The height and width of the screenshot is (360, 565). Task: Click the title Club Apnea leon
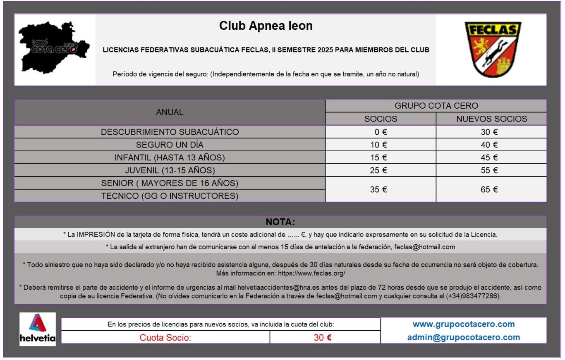(x=266, y=26)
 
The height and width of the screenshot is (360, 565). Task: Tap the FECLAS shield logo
(x=492, y=49)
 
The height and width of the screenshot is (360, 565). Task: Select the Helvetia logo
(x=38, y=329)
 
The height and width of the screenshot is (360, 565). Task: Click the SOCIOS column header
(x=381, y=119)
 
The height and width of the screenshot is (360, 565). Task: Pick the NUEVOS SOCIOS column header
(x=491, y=119)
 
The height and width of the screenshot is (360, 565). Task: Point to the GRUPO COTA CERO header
(x=436, y=106)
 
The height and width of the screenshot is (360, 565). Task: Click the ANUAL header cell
(x=170, y=112)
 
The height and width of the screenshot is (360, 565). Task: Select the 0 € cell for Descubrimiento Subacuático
(x=381, y=132)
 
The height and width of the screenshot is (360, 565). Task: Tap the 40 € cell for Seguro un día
(x=491, y=145)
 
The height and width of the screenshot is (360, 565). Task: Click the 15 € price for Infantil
(x=381, y=158)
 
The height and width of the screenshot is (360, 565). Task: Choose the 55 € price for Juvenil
(x=491, y=170)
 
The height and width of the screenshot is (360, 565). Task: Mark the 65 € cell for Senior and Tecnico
(x=491, y=190)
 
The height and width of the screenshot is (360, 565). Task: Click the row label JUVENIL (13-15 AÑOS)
(x=170, y=170)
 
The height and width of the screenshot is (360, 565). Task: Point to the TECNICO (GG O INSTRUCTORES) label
(x=170, y=196)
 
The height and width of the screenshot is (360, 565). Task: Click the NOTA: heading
(x=280, y=222)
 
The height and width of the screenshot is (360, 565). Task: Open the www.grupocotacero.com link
(x=463, y=324)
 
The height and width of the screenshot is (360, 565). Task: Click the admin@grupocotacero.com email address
(x=463, y=337)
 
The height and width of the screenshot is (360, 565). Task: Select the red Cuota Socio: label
(x=165, y=338)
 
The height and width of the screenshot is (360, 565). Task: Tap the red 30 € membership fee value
(x=323, y=338)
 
